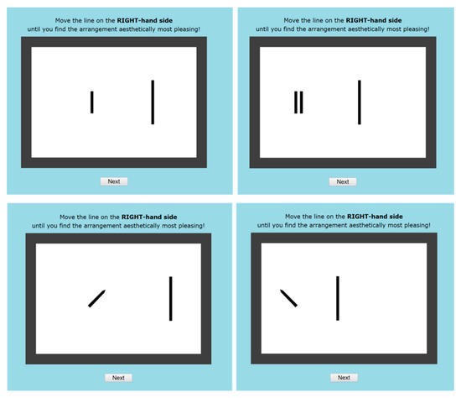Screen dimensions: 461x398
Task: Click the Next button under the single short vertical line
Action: point(114,181)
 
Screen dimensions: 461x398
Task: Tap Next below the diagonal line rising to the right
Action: point(118,378)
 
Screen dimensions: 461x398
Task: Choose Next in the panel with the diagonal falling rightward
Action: point(344,377)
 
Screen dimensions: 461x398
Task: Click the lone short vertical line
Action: point(92,102)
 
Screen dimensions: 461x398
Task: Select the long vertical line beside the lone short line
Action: point(153,102)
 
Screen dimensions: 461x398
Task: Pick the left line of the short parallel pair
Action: point(296,102)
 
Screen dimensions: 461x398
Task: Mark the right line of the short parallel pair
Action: point(302,102)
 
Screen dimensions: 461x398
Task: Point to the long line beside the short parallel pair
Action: point(360,102)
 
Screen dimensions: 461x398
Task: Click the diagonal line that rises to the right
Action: point(96,299)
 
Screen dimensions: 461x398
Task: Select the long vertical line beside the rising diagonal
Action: point(170,299)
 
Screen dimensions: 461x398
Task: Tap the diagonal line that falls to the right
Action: point(288,298)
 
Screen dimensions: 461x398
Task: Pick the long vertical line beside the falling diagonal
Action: point(338,298)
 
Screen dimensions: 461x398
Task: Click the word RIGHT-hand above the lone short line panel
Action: point(136,20)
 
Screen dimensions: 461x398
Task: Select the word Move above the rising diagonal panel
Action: point(67,217)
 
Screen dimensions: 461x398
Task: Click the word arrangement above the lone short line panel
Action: point(101,29)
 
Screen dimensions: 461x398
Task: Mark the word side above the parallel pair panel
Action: point(395,20)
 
